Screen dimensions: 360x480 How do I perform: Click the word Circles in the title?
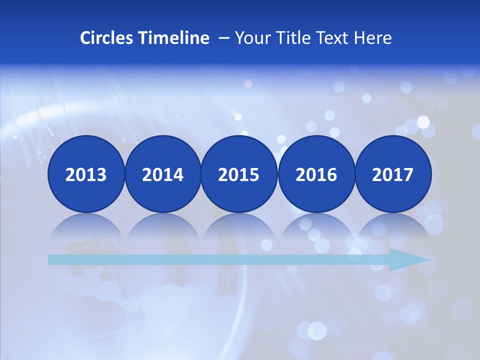coord(104,38)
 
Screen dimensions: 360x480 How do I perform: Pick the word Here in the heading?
coord(373,38)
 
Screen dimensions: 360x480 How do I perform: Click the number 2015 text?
coord(239,175)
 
